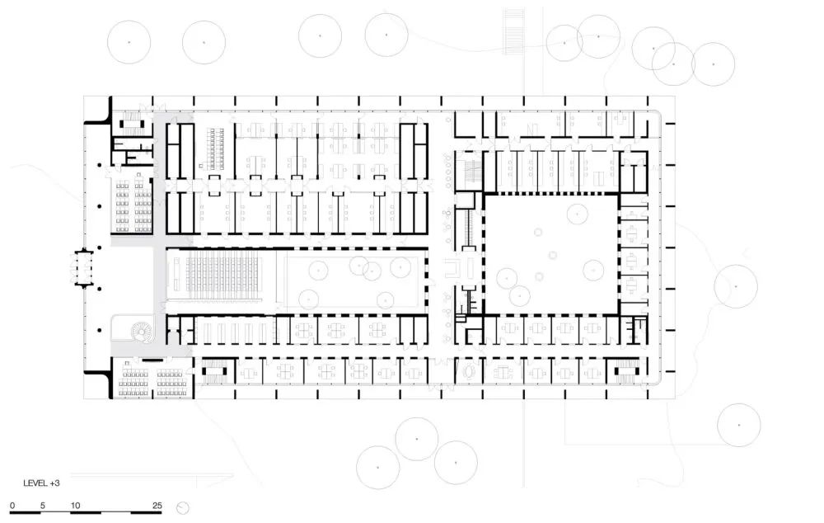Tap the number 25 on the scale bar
point(157,505)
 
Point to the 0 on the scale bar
point(12,505)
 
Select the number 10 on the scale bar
point(75,505)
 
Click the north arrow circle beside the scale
point(183,508)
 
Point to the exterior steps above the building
point(513,31)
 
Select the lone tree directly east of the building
point(735,287)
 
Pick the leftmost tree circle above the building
point(129,41)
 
